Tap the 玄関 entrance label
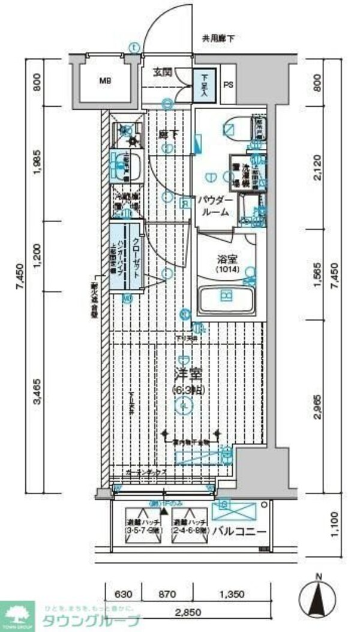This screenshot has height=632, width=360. pyautogui.click(x=163, y=72)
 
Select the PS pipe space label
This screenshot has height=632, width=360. pyautogui.click(x=228, y=85)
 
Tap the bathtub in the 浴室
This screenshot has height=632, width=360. pyautogui.click(x=226, y=298)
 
